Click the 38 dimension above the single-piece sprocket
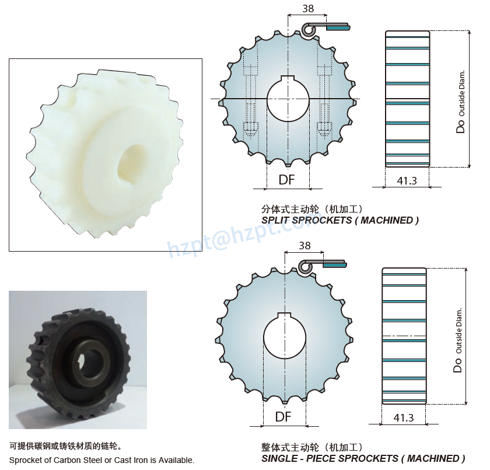click(304, 245)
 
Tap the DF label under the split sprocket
click(286, 180)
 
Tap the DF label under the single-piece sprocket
click(283, 417)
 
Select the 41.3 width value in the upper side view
click(407, 180)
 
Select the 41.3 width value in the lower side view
click(403, 417)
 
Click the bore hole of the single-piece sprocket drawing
click(284, 337)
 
